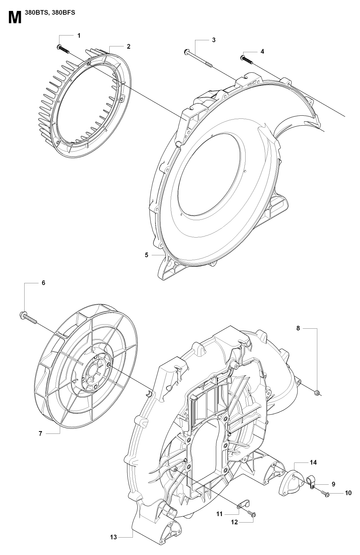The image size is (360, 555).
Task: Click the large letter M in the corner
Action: pyautogui.click(x=15, y=17)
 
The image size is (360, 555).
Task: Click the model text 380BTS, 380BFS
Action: pyautogui.click(x=50, y=13)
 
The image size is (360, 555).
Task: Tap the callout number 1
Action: pyautogui.click(x=79, y=35)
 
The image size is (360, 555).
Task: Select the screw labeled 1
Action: pyautogui.click(x=63, y=49)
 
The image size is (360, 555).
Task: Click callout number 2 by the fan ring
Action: pyautogui.click(x=128, y=46)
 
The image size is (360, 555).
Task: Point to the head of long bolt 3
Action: pyautogui.click(x=187, y=52)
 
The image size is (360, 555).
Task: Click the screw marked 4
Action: pyautogui.click(x=247, y=60)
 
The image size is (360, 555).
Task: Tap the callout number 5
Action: pyautogui.click(x=147, y=255)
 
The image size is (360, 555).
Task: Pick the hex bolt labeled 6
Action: pyautogui.click(x=27, y=317)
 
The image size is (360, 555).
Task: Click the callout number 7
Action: pyautogui.click(x=40, y=433)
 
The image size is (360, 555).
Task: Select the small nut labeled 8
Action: pyautogui.click(x=318, y=391)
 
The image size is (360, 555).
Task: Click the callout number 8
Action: pyautogui.click(x=298, y=328)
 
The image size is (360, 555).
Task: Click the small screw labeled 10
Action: pyautogui.click(x=325, y=493)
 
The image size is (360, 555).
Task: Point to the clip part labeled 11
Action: pyautogui.click(x=243, y=504)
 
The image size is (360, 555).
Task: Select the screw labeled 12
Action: pyautogui.click(x=252, y=515)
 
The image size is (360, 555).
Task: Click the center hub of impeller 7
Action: pyautogui.click(x=93, y=374)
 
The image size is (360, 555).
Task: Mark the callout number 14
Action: pyautogui.click(x=313, y=462)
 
